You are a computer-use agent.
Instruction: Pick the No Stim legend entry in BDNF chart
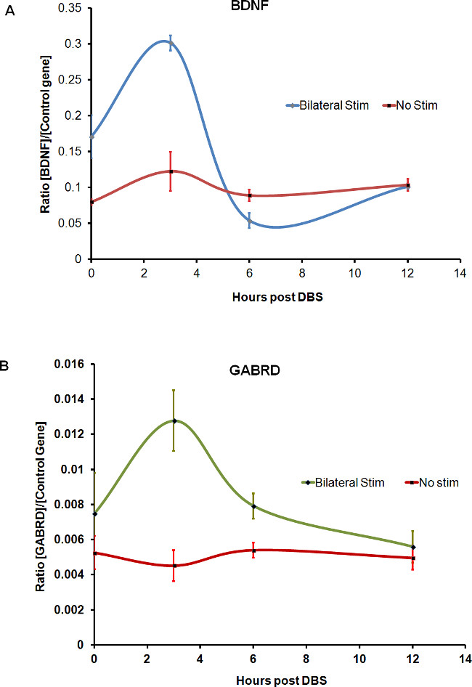pyautogui.click(x=417, y=105)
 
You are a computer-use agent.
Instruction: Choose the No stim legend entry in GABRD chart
pyautogui.click(x=435, y=482)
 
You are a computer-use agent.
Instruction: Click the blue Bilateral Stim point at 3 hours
pyautogui.click(x=171, y=43)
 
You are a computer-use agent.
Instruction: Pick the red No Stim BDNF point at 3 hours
pyautogui.click(x=171, y=171)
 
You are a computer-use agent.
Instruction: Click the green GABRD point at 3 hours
pyautogui.click(x=174, y=420)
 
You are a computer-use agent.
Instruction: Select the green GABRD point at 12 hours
pyautogui.click(x=412, y=547)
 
